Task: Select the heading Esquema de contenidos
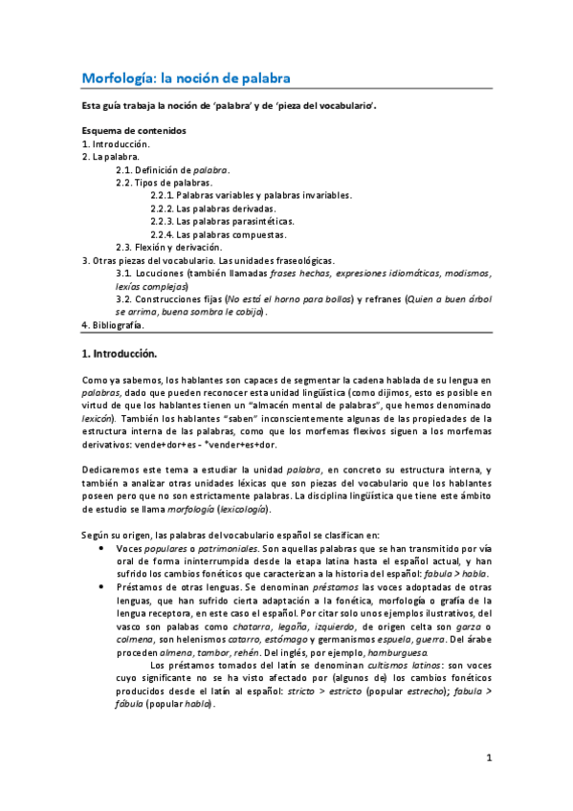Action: click(x=133, y=129)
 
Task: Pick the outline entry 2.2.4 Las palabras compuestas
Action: click(x=218, y=233)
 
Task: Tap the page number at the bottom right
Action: click(x=488, y=758)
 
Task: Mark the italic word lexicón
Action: click(x=99, y=418)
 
